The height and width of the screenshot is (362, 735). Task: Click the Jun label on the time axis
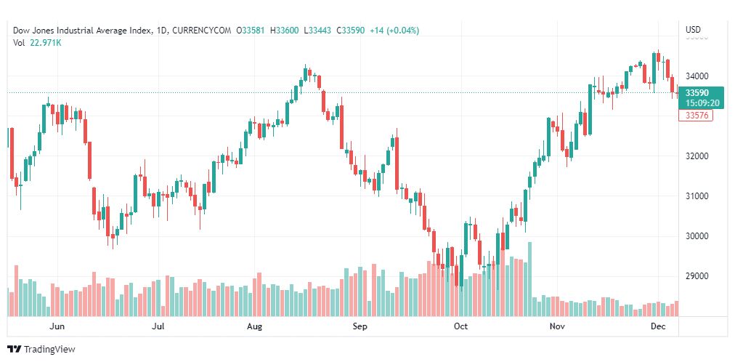pos(58,327)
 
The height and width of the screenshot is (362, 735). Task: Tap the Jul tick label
pos(158,327)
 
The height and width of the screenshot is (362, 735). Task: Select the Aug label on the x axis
pos(254,327)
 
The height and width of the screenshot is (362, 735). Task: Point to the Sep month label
pos(360,327)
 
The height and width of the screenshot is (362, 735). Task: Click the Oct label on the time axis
pos(460,327)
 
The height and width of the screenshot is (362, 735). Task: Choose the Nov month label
pos(557,327)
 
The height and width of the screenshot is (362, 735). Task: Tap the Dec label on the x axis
pos(659,327)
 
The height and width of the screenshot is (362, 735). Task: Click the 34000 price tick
pos(697,76)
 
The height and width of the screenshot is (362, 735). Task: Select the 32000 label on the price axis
pos(697,156)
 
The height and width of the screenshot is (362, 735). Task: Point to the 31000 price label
pos(697,196)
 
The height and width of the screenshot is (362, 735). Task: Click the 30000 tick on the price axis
pos(697,236)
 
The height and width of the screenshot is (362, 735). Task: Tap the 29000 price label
pos(697,276)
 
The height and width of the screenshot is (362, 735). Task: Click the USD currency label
pos(693,30)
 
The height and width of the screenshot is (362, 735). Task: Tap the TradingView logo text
pos(49,350)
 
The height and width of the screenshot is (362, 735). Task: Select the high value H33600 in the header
pos(285,31)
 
